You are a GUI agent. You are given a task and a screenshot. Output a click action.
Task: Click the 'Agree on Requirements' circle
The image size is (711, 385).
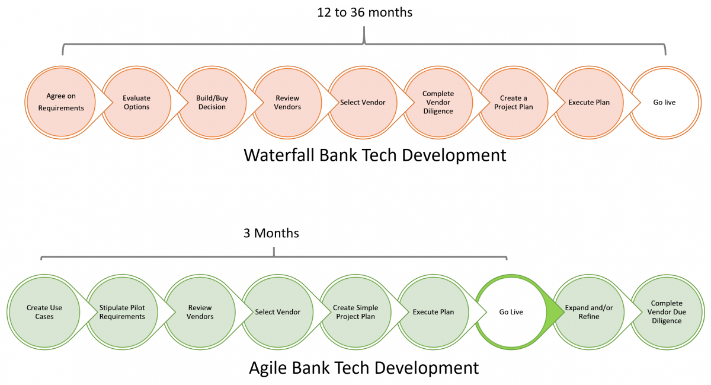61,103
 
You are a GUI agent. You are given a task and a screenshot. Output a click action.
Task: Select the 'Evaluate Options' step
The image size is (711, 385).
137,103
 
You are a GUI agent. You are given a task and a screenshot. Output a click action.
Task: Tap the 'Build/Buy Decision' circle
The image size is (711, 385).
212,103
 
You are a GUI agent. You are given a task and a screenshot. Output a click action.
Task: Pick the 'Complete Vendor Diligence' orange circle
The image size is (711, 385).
438,103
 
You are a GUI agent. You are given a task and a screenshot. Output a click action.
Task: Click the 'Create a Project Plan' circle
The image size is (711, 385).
514,103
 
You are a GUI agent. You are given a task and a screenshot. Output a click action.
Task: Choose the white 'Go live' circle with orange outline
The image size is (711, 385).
665,103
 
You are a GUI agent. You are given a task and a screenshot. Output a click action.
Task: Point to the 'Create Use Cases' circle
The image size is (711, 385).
44,312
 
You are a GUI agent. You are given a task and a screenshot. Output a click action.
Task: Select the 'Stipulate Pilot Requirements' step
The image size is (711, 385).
122,312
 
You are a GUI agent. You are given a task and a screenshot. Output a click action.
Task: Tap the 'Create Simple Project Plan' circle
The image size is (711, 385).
355,312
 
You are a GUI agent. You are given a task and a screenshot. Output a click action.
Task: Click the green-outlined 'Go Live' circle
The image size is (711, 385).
511,312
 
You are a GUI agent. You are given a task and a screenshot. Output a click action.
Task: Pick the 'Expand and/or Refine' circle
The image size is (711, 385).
589,312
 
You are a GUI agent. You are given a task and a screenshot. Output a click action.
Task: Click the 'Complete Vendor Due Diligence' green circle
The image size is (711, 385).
667,312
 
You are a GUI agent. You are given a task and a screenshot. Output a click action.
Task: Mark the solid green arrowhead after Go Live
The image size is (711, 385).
555,312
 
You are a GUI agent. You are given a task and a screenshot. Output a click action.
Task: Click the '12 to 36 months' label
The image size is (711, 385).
365,12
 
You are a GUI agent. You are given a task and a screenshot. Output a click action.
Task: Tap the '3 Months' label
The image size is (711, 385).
271,233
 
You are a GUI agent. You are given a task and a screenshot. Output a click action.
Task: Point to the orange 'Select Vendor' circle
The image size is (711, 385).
363,103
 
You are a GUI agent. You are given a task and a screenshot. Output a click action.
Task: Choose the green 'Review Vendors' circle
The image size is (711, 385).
200,312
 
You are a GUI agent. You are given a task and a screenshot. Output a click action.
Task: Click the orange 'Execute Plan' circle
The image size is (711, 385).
589,103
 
